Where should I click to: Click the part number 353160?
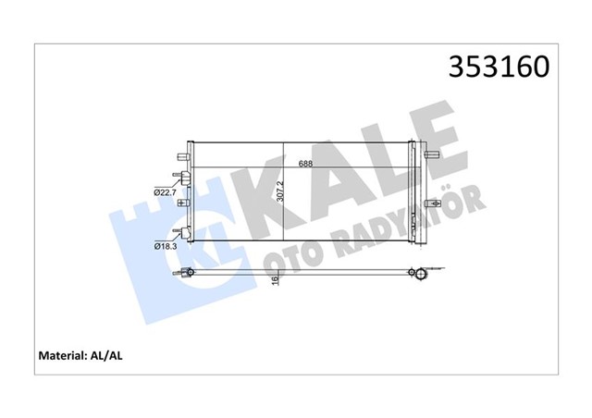point(499,69)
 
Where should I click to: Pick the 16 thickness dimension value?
point(276,280)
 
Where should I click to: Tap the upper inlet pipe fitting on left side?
point(181,178)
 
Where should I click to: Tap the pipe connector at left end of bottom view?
point(185,271)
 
